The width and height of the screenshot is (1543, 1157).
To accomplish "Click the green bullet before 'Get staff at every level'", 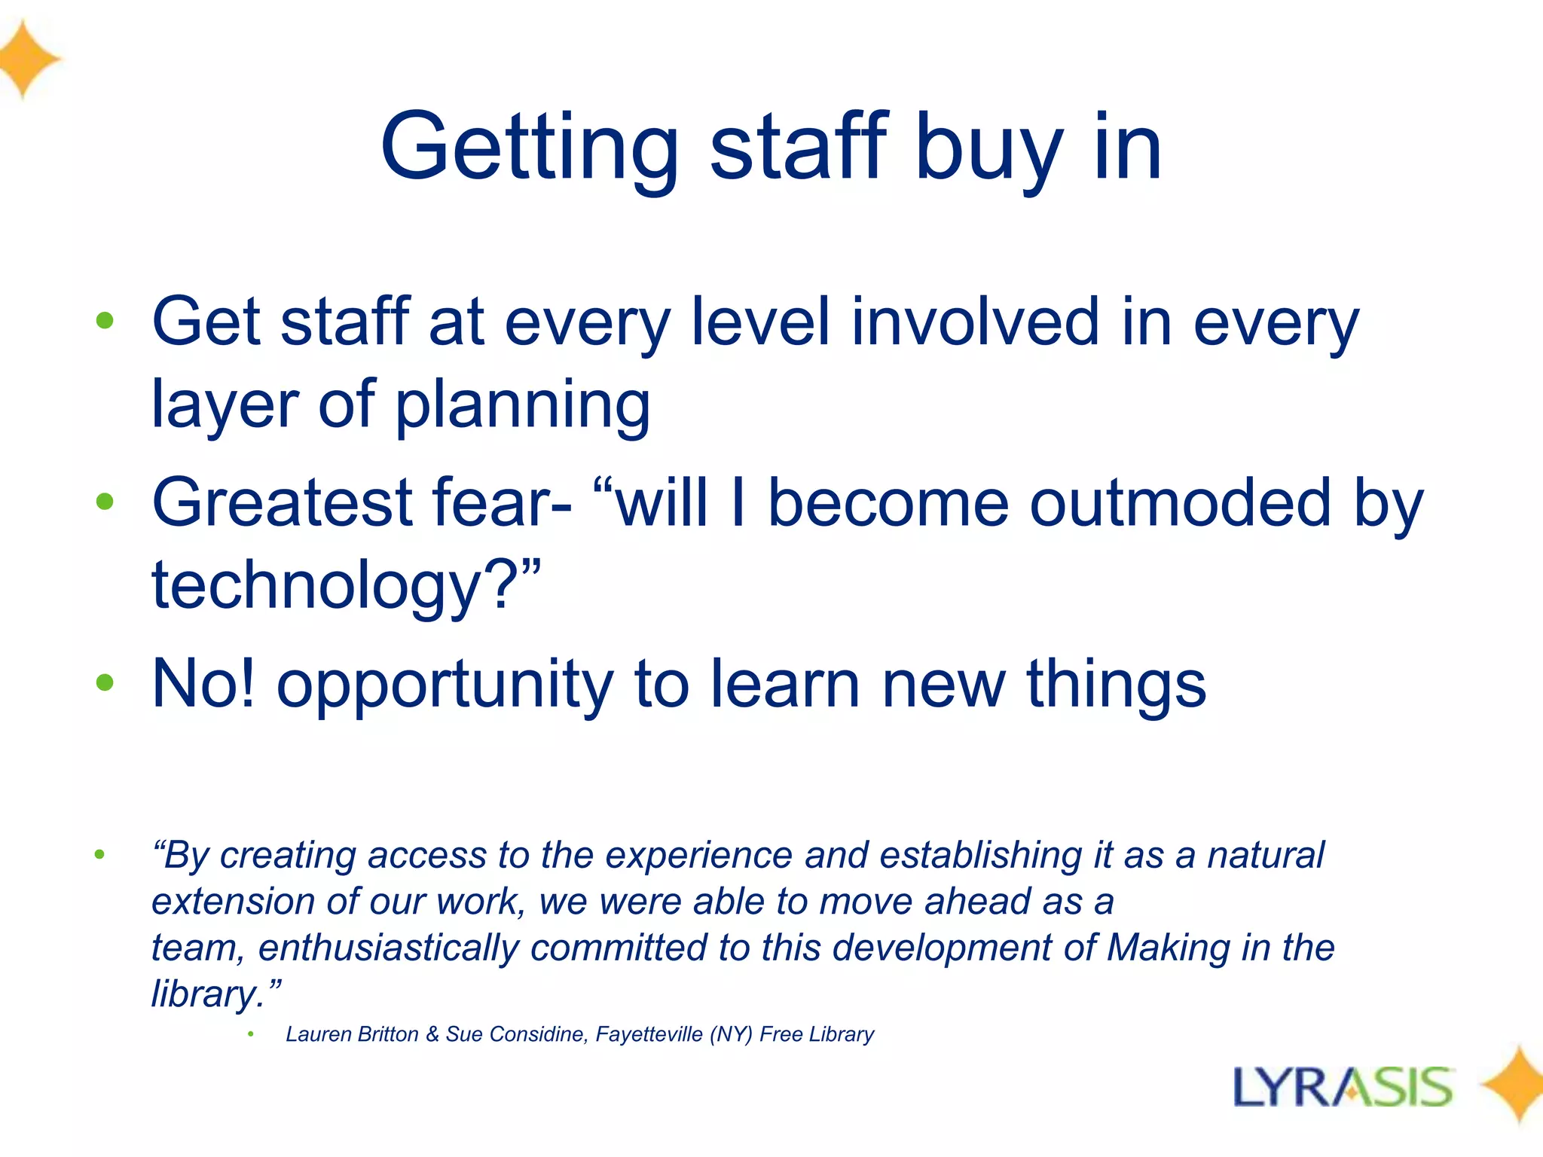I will [105, 322].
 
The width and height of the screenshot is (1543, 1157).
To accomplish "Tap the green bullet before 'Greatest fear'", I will [105, 502].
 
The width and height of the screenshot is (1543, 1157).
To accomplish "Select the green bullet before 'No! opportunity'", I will [105, 683].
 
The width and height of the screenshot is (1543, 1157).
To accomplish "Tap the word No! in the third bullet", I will [203, 683].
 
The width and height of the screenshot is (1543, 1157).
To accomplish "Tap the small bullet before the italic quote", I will [99, 854].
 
